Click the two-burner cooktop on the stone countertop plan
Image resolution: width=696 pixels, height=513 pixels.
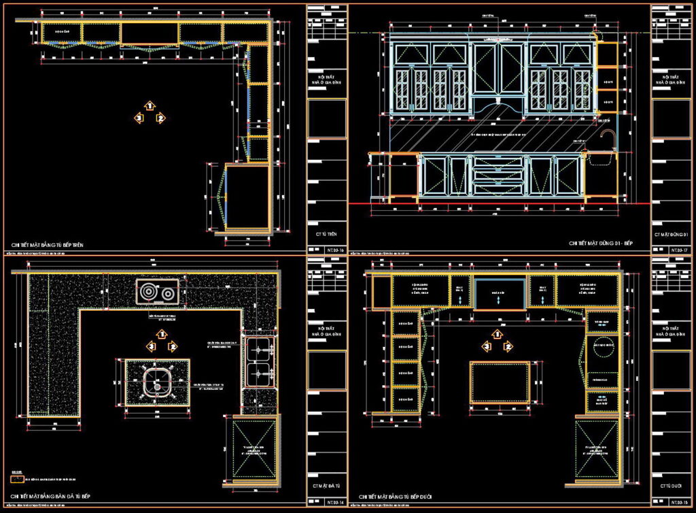pos(157,293)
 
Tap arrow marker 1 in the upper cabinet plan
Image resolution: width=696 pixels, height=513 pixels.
pos(150,105)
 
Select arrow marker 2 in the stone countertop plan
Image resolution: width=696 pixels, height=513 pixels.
pos(173,346)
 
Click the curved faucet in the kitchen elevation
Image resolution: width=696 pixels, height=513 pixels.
pos(608,139)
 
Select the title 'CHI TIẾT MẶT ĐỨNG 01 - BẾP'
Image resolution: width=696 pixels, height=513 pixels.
pos(600,243)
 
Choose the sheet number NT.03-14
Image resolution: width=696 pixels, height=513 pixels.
pos(328,502)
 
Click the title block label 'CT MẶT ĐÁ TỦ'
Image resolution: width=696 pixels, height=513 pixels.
pos(327,486)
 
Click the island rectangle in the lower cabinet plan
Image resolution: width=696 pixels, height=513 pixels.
pos(500,382)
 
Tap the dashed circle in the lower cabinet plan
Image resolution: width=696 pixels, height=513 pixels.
pos(602,348)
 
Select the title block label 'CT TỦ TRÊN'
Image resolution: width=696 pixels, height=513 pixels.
pos(327,234)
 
